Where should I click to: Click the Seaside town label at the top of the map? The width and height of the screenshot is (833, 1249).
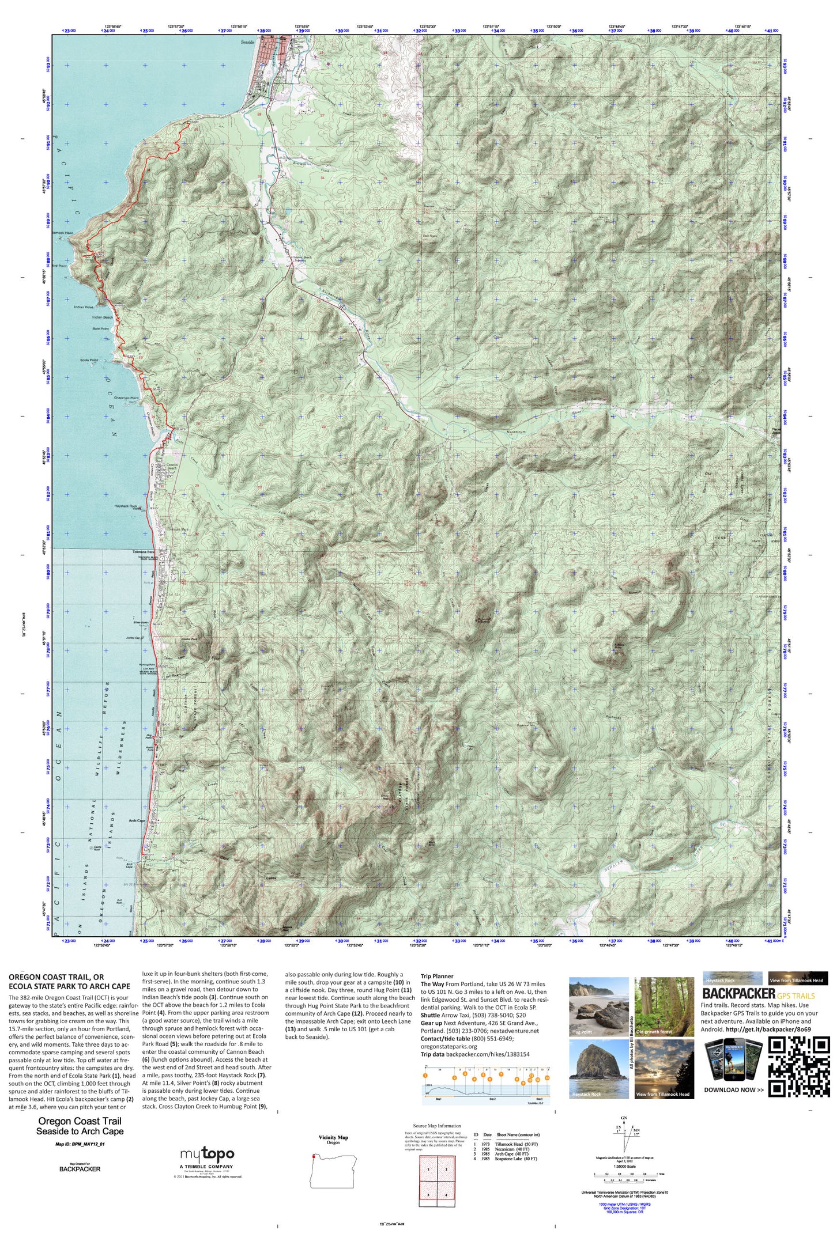247,42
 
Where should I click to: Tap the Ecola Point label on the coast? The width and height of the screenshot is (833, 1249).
89,360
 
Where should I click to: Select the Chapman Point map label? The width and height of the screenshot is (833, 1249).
126,398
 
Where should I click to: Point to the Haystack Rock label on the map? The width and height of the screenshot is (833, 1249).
125,506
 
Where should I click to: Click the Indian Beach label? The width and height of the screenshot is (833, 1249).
103,317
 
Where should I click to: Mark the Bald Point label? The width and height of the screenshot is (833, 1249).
100,329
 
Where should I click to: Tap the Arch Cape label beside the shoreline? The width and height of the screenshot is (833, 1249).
137,820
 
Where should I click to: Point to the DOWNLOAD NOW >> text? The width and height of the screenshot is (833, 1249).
733,1089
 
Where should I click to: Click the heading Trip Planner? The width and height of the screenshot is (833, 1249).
437,977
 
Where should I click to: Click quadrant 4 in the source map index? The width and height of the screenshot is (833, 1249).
446,1195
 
